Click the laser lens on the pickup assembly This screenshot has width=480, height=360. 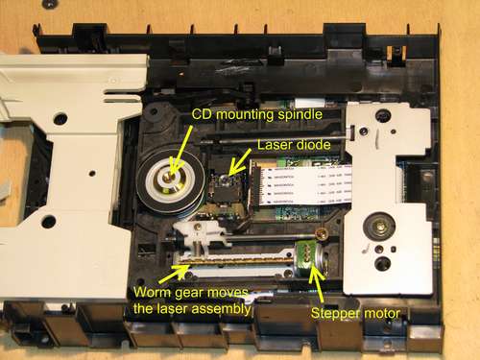(228, 180)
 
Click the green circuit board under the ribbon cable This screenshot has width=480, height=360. (278, 204)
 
